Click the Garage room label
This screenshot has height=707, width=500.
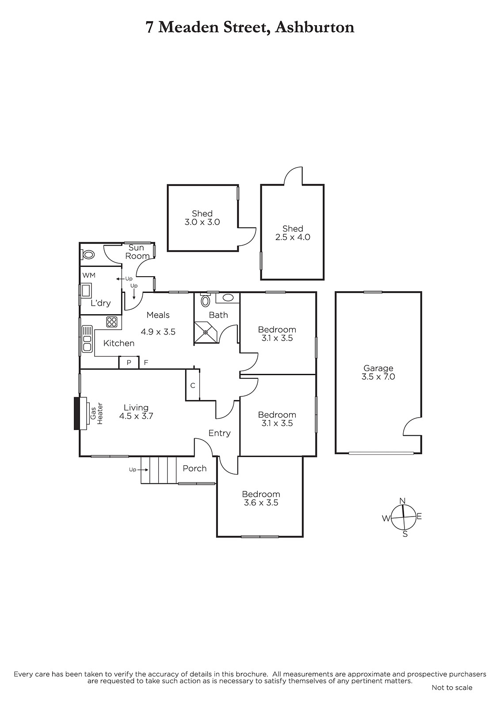coord(378,368)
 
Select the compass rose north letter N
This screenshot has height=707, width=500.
coord(402,501)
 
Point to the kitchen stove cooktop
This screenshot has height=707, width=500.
coord(112,322)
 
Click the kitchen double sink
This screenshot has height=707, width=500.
coord(87,339)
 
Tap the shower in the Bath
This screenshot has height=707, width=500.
coord(206,332)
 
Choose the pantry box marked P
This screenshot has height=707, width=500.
coord(129,362)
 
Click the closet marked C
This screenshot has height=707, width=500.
coord(193,385)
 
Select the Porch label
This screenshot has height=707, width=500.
coord(195,468)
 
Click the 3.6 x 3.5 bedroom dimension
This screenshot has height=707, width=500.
coord(261,502)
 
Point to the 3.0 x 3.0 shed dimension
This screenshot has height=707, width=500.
coord(202,222)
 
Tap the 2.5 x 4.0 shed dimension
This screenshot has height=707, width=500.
coord(293,237)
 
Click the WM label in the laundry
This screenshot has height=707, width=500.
coord(89,275)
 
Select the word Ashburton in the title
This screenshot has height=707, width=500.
coord(315,27)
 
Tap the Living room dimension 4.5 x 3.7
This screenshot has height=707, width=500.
coord(136,416)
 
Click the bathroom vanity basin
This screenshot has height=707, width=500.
coord(228,297)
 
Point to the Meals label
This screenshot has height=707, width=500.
coord(158,315)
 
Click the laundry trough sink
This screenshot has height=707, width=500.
coord(86,291)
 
